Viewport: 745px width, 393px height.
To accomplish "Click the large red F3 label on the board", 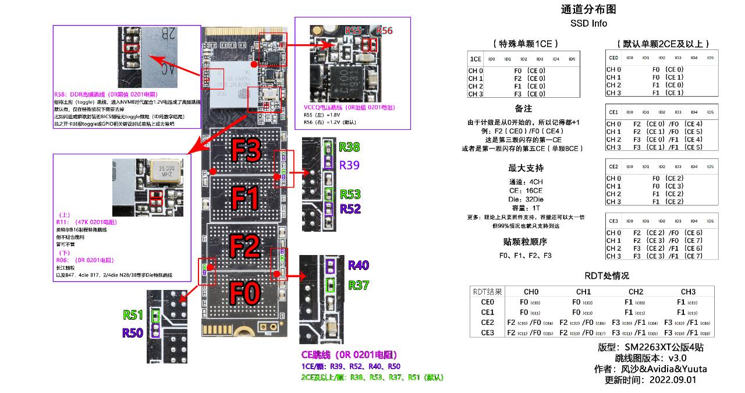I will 246,151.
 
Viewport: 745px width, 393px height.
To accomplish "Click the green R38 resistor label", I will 349,147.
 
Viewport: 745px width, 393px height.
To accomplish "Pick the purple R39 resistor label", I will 349,165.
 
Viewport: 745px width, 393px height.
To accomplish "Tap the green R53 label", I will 350,194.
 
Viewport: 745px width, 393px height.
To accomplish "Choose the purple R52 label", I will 350,208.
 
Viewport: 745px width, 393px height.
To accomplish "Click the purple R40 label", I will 359,265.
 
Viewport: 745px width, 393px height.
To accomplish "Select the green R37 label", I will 359,285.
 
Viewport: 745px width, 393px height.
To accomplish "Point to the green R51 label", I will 133,315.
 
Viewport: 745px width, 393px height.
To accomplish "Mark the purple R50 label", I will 133,333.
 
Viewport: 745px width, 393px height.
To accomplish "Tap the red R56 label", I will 385,31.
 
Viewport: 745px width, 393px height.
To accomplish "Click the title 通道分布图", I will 588,9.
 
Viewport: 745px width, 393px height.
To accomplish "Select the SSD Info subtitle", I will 588,24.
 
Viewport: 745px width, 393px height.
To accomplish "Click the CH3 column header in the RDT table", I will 688,292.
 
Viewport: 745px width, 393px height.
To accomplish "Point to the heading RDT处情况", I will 606,275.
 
